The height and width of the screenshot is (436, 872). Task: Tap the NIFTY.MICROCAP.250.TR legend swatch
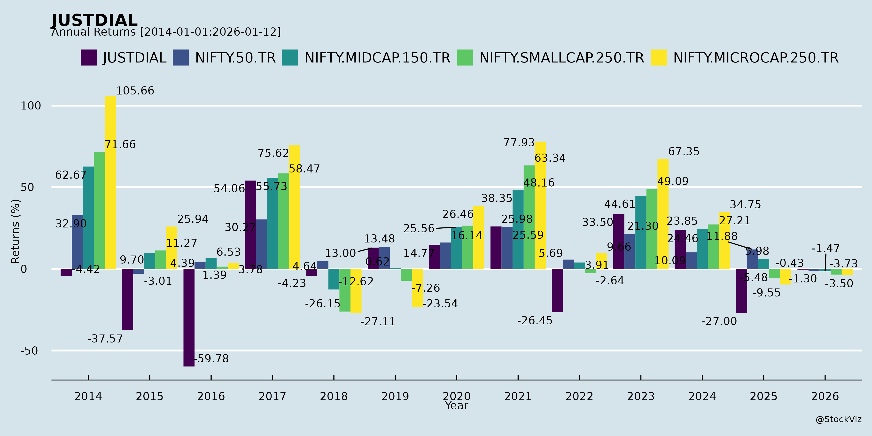click(x=658, y=58)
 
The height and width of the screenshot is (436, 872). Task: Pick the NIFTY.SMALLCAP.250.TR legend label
click(x=561, y=58)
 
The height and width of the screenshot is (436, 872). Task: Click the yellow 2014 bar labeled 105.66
click(x=110, y=183)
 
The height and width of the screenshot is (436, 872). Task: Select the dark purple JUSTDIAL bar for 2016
click(x=189, y=318)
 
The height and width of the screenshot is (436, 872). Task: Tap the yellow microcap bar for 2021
click(x=540, y=205)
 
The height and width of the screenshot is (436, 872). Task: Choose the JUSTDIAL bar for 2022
click(x=557, y=290)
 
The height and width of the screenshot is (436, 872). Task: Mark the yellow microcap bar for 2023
click(x=663, y=214)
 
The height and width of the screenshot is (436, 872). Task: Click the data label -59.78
click(x=211, y=358)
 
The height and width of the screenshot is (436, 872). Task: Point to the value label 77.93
click(x=519, y=142)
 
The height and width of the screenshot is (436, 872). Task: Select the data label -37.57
click(x=105, y=339)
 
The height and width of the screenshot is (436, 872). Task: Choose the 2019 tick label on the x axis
click(x=395, y=396)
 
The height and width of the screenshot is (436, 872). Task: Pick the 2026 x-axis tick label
click(x=825, y=396)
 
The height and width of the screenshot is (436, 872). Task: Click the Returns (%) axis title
click(x=16, y=231)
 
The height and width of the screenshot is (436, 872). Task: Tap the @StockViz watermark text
click(x=839, y=420)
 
